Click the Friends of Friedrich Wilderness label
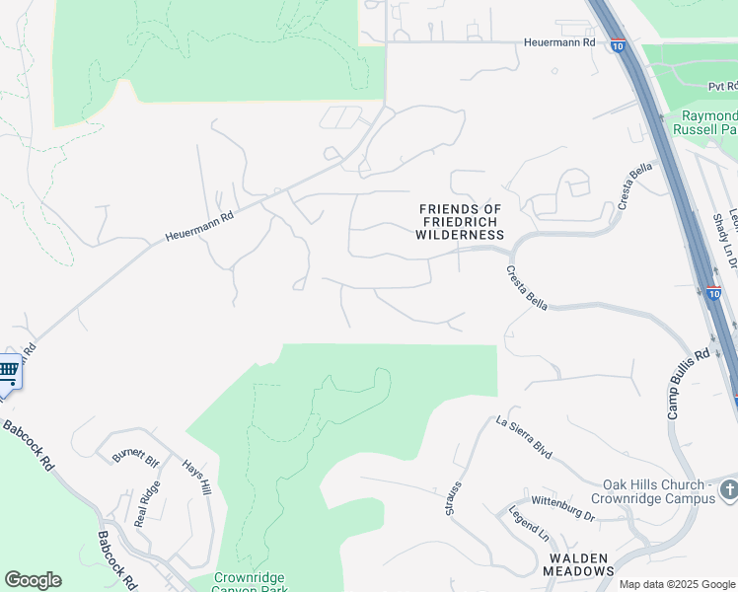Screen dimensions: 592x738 pos(461,222)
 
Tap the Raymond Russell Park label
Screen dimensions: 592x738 pos(703,122)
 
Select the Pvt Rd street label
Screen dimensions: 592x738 pos(722,87)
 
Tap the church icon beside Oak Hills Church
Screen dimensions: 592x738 pos(728,489)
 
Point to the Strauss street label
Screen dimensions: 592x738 pos(452,499)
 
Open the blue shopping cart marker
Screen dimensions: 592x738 pos(8,371)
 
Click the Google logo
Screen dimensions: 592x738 pos(33,580)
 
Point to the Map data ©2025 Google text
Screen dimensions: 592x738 pos(677,584)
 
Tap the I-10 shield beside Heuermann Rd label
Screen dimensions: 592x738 pos(617,44)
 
